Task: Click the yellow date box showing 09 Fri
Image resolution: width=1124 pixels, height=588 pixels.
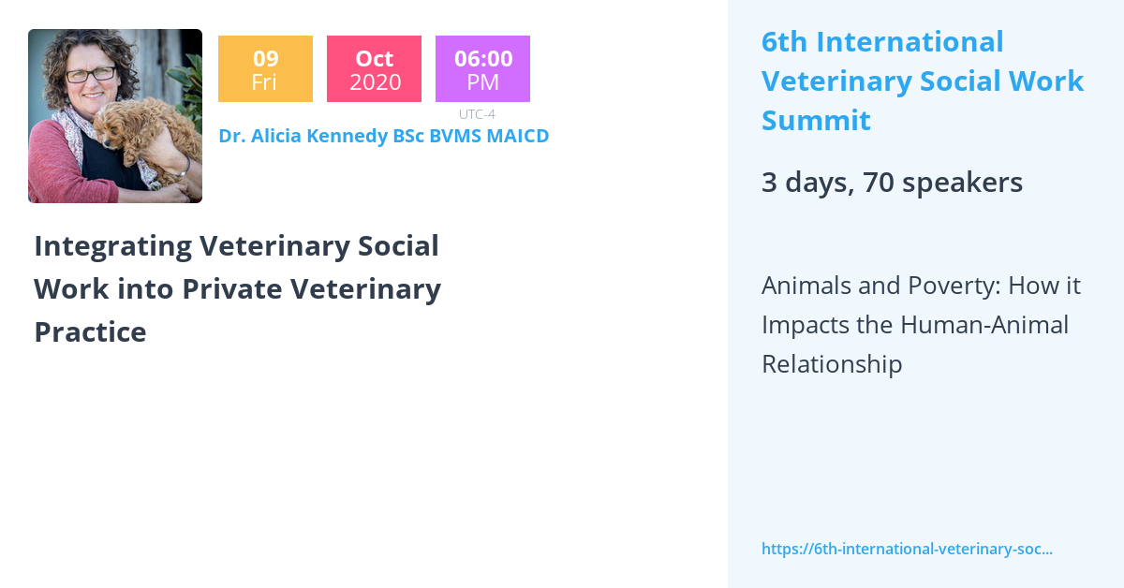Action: coord(265,69)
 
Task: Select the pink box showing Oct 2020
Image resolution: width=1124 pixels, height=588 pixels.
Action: coord(375,69)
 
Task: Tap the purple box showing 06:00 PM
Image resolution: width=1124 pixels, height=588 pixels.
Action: coord(482,69)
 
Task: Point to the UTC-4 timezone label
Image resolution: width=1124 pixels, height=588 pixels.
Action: coord(477,114)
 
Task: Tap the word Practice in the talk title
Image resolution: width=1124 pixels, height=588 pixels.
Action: coord(90,331)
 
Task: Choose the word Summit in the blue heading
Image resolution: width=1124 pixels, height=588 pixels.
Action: coord(816,121)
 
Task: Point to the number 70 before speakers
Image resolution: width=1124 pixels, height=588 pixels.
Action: coord(879,183)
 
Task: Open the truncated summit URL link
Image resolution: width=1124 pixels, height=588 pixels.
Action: coord(907,549)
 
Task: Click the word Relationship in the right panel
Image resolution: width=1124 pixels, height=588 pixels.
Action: coord(832,364)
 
